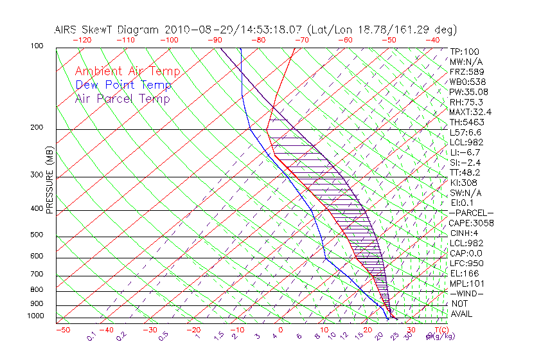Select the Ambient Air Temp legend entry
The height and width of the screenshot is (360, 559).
[x=127, y=72]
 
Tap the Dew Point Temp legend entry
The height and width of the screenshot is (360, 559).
[x=123, y=85]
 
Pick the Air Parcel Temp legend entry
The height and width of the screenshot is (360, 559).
[x=122, y=99]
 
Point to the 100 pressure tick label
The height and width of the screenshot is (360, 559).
[x=37, y=46]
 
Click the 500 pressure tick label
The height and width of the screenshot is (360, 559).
[x=37, y=235]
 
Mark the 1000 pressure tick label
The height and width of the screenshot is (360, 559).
[x=35, y=316]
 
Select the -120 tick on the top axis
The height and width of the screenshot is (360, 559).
[x=81, y=40]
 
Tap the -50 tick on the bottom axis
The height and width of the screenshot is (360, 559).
[x=62, y=330]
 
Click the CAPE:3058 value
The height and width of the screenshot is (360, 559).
[x=471, y=223]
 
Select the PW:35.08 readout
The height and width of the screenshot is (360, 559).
[x=468, y=92]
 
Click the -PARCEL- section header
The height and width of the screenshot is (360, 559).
[x=471, y=213]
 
